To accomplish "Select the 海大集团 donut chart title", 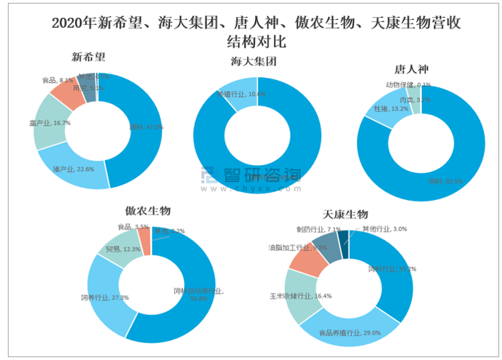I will pyautogui.click(x=253, y=62).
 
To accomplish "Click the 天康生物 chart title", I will pyautogui.click(x=345, y=214).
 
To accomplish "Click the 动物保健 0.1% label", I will pyautogui.click(x=408, y=84).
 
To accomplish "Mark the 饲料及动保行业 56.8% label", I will pyautogui.click(x=198, y=294).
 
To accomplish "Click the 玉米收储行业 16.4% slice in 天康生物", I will pyautogui.click(x=303, y=296).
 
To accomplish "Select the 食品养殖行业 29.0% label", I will pyautogui.click(x=350, y=332).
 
